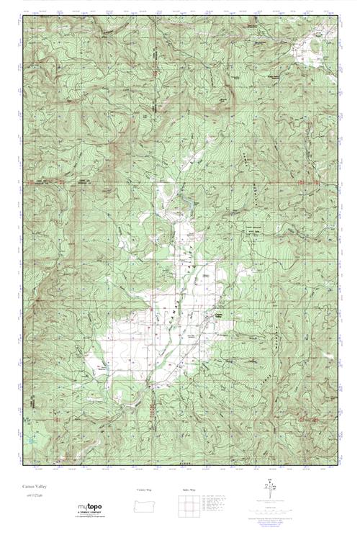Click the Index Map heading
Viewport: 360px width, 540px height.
(x=189, y=490)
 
